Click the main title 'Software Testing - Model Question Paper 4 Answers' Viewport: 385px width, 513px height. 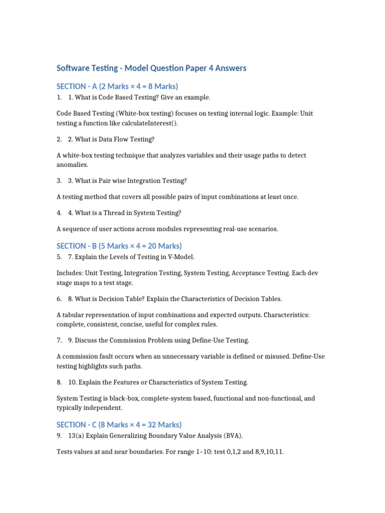[151, 68]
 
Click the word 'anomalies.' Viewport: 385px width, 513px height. [73, 164]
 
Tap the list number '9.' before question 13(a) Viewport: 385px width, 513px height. [59, 435]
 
